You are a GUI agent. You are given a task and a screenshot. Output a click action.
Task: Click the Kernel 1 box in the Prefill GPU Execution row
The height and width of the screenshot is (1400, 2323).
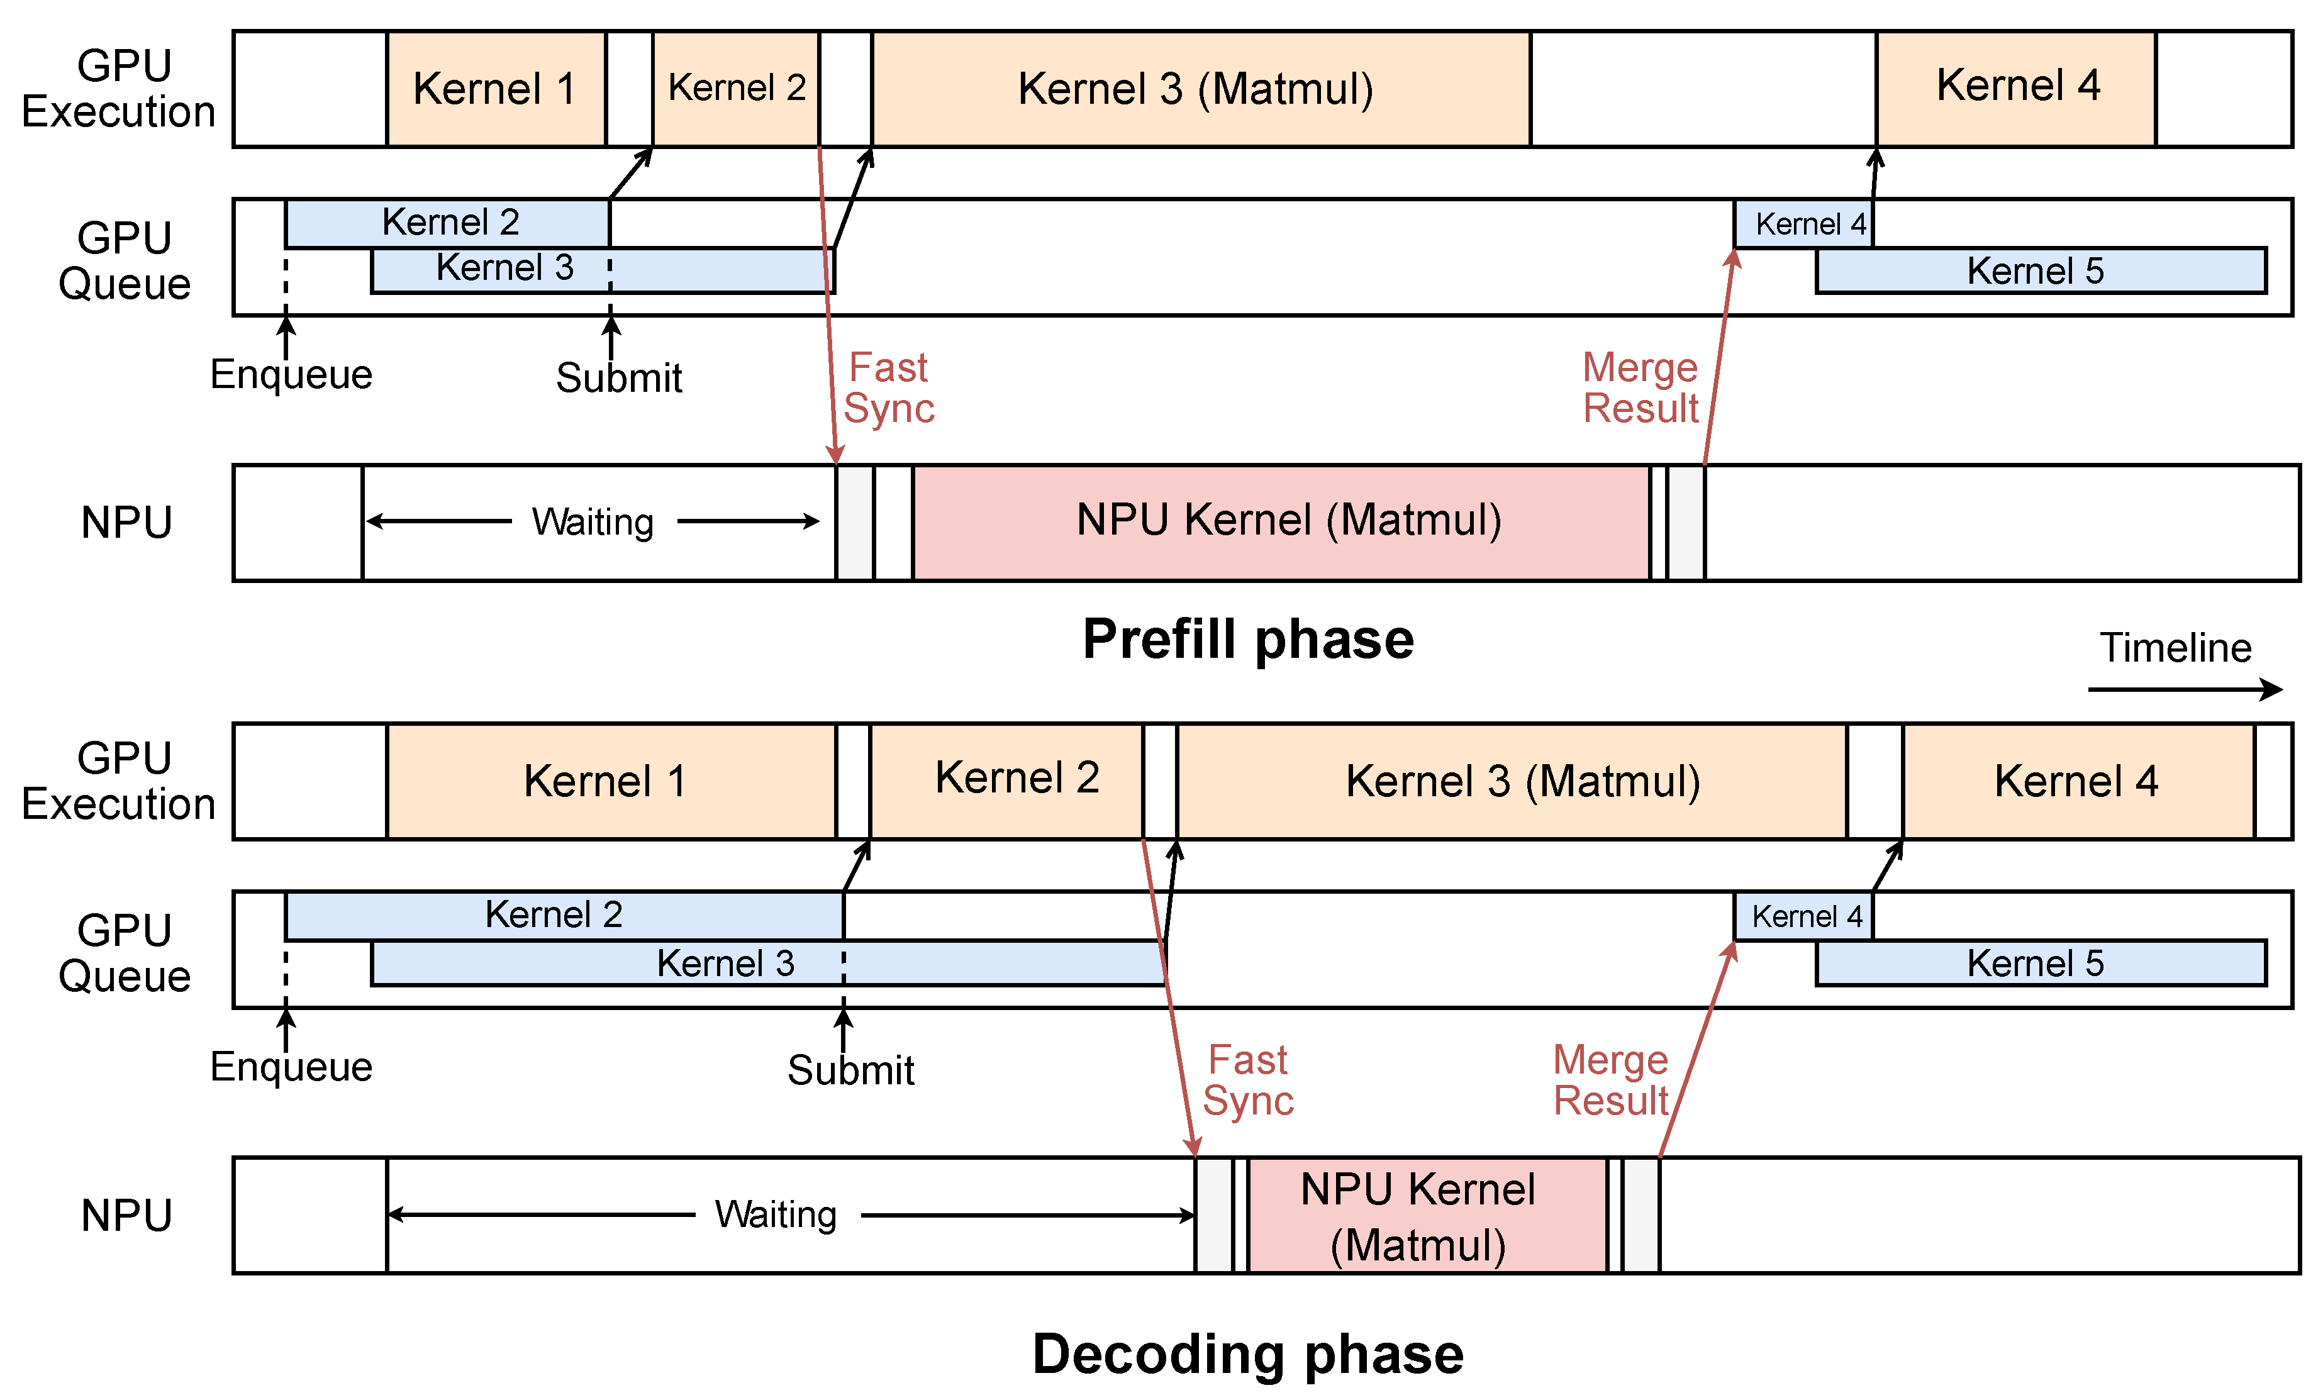point(496,89)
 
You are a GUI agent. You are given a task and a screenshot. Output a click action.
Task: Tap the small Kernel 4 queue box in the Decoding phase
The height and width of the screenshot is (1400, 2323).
point(1803,916)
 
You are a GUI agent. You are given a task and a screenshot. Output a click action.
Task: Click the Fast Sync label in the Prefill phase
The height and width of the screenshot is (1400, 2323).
point(888,387)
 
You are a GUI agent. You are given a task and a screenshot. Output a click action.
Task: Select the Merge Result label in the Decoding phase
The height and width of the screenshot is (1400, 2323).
point(1610,1081)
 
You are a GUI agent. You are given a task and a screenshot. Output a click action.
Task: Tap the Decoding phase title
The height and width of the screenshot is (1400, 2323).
point(1247,1354)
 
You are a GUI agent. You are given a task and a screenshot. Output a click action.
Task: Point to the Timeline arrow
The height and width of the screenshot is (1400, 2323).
point(2185,689)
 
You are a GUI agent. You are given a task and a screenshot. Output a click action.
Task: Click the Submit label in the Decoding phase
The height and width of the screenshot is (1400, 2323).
point(850,1070)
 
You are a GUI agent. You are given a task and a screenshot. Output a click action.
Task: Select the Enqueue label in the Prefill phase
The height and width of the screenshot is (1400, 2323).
point(291,374)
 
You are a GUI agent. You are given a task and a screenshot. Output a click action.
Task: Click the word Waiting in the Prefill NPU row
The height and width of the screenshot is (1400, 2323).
point(592,522)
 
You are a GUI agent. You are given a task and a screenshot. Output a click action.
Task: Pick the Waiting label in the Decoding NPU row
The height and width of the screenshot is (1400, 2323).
point(776,1215)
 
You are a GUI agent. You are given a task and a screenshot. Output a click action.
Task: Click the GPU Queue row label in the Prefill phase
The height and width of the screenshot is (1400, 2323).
point(125,261)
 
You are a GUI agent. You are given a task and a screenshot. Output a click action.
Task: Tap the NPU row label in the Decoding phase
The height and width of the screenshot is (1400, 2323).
point(127,1215)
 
